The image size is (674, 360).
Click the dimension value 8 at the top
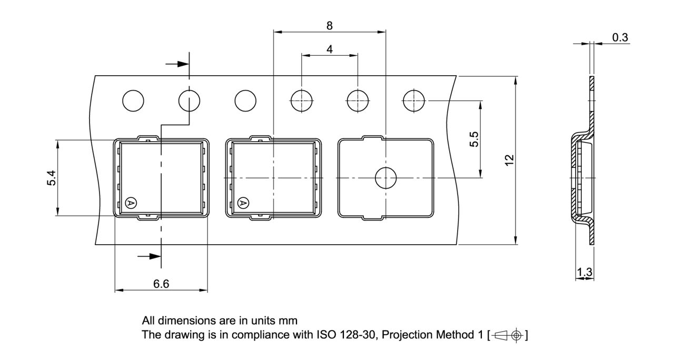click(x=330, y=26)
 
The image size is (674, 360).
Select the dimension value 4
click(x=330, y=49)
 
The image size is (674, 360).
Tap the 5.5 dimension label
click(x=474, y=139)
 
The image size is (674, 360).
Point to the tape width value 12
click(x=509, y=160)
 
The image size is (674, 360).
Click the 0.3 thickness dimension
click(x=620, y=37)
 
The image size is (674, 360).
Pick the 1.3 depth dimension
click(x=584, y=272)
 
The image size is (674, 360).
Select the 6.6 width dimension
click(x=161, y=284)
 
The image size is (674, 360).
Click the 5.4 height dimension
click(x=52, y=178)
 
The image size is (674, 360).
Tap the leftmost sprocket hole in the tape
click(x=133, y=101)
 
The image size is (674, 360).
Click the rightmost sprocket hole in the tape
click(x=414, y=101)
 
